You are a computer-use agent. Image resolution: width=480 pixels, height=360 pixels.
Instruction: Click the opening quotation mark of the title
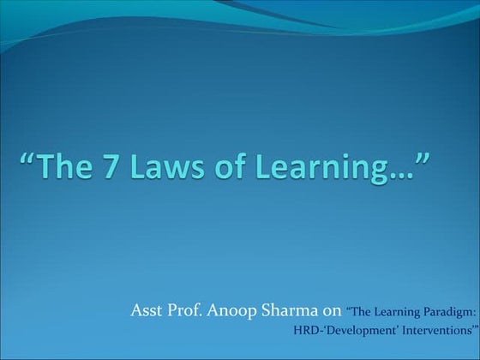click(27, 159)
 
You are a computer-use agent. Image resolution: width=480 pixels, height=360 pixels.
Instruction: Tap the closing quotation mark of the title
click(420, 159)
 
